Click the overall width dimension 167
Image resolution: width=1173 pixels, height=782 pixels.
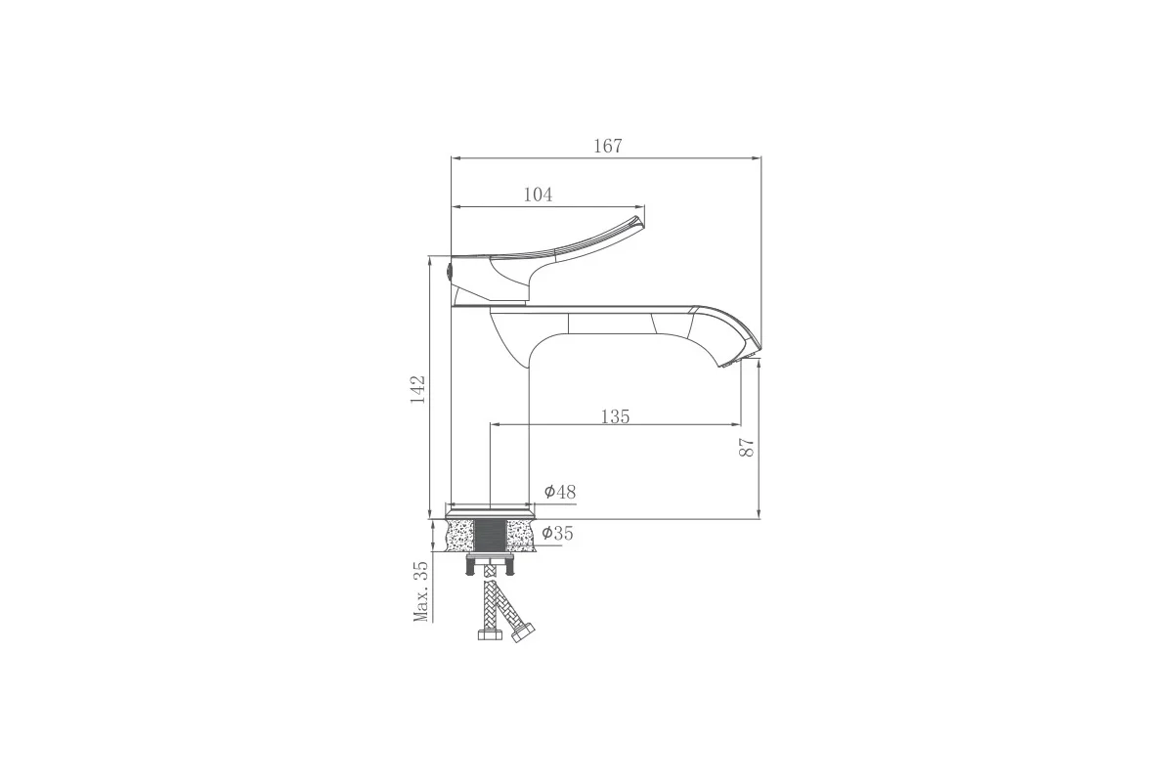click(607, 146)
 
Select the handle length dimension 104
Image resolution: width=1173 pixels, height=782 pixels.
click(538, 195)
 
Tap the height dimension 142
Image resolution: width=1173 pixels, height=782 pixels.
click(418, 389)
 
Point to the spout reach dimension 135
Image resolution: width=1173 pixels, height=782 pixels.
click(615, 416)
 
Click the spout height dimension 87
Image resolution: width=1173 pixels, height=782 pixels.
click(746, 447)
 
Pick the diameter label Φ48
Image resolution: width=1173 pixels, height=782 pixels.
click(560, 492)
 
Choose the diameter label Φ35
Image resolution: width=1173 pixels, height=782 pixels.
click(557, 533)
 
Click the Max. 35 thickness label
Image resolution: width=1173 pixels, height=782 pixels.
click(421, 591)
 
